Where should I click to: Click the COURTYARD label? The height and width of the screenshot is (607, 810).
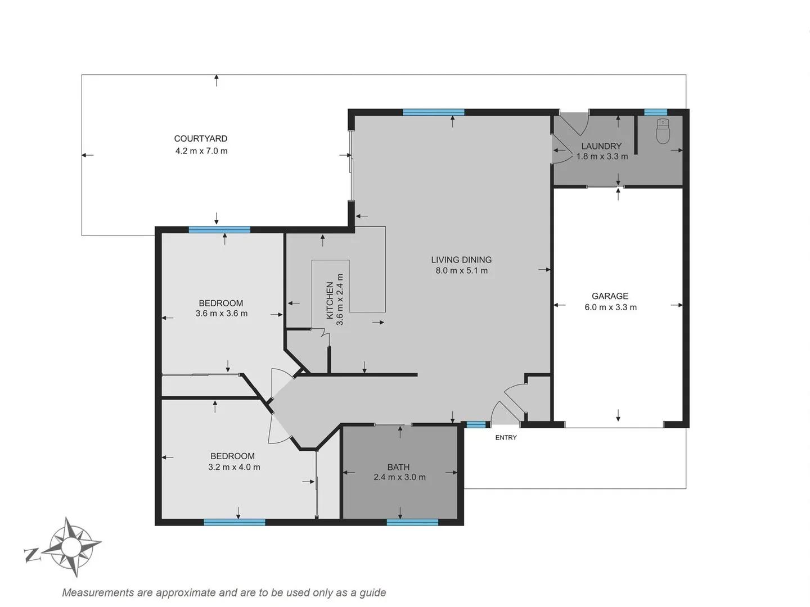click(200, 138)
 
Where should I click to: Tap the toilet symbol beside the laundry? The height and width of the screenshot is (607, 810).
click(663, 132)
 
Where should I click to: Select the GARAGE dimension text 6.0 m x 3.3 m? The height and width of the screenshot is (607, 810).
click(610, 307)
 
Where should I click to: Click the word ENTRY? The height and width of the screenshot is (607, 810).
click(506, 437)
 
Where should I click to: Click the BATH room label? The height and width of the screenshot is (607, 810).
click(398, 467)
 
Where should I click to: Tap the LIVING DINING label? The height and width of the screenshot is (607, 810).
click(461, 260)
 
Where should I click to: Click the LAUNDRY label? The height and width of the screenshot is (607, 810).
click(601, 146)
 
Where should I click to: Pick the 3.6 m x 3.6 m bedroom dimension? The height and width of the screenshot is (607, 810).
click(222, 314)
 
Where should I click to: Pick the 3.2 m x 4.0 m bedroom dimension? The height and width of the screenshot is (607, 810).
click(234, 466)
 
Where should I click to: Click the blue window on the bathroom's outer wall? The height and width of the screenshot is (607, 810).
click(412, 522)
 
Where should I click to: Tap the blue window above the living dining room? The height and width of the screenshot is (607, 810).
click(434, 112)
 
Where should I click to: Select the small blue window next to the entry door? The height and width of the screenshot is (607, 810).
click(476, 425)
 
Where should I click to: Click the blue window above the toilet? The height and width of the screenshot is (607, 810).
click(655, 112)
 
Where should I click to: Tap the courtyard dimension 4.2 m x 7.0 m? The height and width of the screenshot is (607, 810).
click(201, 151)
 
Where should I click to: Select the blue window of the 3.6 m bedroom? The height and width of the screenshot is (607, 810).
click(219, 229)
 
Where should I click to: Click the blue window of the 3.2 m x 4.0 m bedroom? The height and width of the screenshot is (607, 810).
click(234, 522)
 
